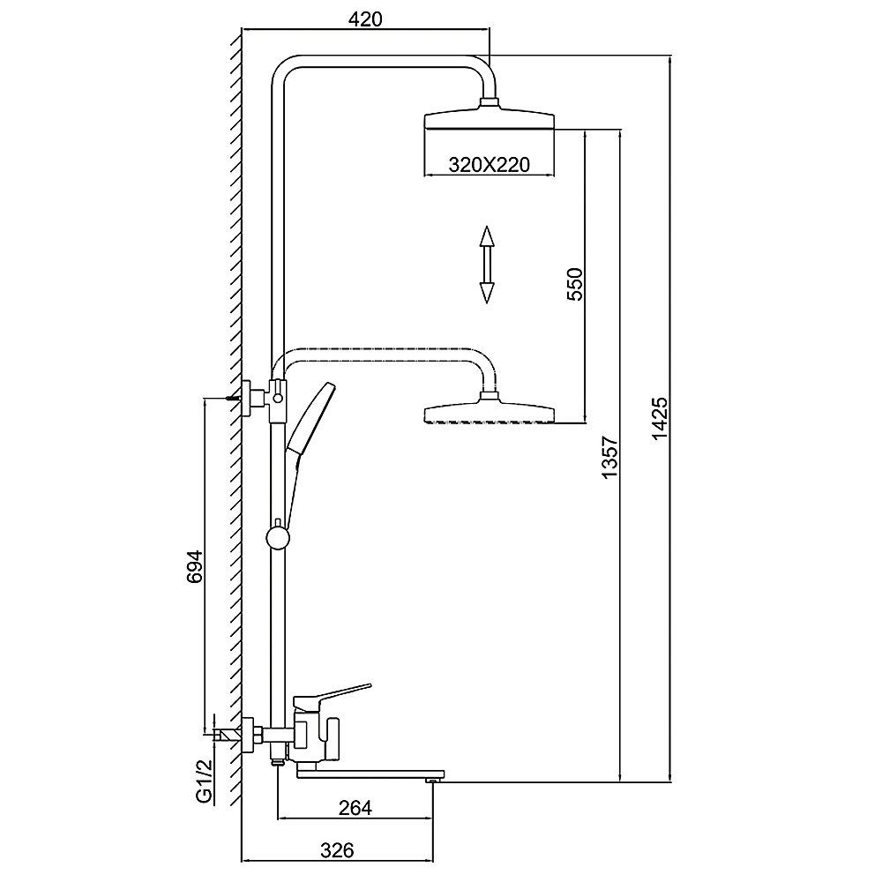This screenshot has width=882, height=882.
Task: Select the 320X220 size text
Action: [x=489, y=164]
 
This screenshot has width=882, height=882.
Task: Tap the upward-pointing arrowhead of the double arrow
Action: [x=486, y=238]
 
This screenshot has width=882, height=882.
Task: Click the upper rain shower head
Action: [x=490, y=119]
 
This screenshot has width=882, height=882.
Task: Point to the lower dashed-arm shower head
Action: [x=490, y=413]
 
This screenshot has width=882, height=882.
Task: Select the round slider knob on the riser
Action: [x=278, y=537]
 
